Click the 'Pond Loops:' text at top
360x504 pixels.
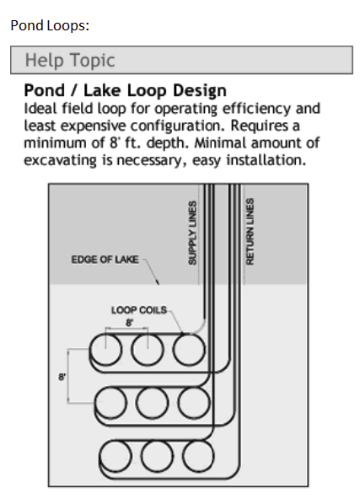click(50, 26)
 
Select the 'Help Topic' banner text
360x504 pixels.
click(70, 60)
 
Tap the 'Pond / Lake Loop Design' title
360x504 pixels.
click(126, 90)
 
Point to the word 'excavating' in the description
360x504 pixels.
click(61, 160)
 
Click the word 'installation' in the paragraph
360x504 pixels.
click(266, 160)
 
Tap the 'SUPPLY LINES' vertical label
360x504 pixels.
click(192, 233)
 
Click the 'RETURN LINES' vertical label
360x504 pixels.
click(250, 232)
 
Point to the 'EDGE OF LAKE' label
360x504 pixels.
click(105, 260)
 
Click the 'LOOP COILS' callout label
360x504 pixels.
click(139, 310)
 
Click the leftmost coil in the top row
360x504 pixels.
click(105, 335)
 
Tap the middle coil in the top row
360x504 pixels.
click(148, 335)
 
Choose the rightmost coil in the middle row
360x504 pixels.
click(194, 389)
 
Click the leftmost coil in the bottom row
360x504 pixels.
click(116, 442)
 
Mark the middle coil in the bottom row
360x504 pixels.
click(157, 442)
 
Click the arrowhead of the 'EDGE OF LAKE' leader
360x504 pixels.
click(158, 283)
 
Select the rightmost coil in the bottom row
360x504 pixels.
click(198, 442)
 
